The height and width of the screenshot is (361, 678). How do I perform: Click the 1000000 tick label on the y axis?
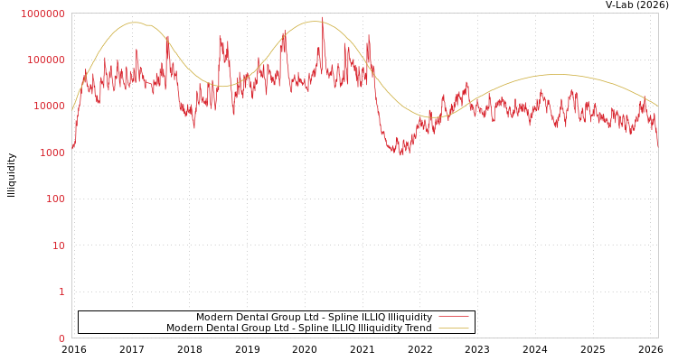click(x=42, y=14)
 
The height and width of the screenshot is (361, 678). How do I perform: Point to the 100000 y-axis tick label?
click(x=45, y=60)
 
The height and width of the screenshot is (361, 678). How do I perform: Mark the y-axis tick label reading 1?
click(x=61, y=292)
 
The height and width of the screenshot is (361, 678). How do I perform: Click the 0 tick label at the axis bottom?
click(x=61, y=338)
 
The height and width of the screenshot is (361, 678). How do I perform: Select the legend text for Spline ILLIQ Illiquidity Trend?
click(x=298, y=328)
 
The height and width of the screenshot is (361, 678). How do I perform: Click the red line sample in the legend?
click(x=453, y=317)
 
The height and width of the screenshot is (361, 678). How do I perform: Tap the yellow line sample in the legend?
click(x=453, y=328)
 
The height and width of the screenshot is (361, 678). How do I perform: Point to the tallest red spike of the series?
click(x=322, y=19)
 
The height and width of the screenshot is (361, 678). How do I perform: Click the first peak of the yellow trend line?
click(x=135, y=23)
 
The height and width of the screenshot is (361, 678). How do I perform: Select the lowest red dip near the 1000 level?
click(x=401, y=154)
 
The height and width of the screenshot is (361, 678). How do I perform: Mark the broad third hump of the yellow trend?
click(x=556, y=75)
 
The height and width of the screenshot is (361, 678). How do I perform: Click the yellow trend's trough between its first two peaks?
click(x=225, y=87)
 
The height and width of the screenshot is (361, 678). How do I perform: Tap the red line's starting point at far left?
click(x=72, y=147)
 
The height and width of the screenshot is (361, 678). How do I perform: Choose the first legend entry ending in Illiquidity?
click(x=314, y=317)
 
